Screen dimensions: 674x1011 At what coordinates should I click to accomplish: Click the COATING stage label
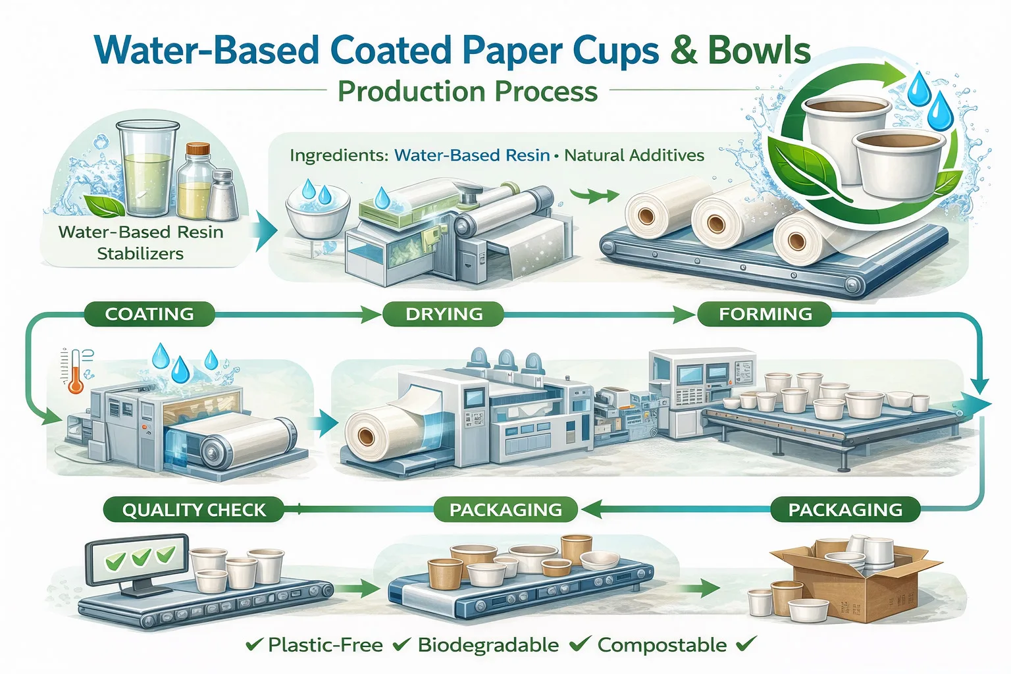(x=149, y=314)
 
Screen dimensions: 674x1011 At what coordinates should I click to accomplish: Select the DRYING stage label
(x=444, y=314)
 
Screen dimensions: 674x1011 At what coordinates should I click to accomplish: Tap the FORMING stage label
(x=765, y=314)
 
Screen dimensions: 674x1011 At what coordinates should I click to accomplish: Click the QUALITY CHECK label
(x=194, y=509)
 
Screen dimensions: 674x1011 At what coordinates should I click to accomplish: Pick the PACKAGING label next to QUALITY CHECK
(x=505, y=509)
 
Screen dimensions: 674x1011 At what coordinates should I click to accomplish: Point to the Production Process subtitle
(x=467, y=91)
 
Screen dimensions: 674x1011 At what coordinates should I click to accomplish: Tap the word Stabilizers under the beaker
(x=140, y=253)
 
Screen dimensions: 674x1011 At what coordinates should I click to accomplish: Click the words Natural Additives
(x=634, y=155)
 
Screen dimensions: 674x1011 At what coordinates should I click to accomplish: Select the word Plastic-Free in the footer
(x=325, y=645)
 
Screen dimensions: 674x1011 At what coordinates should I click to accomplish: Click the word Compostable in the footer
(x=661, y=645)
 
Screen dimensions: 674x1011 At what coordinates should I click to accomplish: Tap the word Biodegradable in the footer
(x=488, y=645)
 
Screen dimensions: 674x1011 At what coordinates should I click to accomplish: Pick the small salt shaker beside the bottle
(x=222, y=195)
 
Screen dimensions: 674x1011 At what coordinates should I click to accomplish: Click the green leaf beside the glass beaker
(x=105, y=206)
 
